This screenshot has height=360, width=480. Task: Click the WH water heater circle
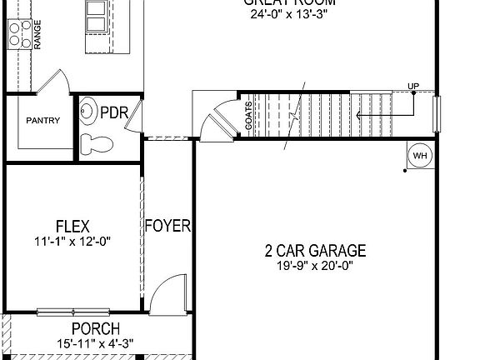pos(418,156)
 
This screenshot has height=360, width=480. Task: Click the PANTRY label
pos(42,120)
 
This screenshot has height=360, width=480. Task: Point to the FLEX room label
pos(72,226)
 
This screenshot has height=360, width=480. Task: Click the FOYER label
pos(168,226)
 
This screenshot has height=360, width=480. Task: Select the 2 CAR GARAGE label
pos(316,250)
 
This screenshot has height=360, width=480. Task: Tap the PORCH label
pos(94,329)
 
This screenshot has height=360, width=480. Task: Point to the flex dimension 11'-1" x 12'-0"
pos(72,241)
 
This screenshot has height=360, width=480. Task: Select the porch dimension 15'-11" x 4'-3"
pos(94,342)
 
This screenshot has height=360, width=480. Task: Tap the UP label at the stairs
pos(413,85)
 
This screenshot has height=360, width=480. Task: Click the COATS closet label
pos(247,117)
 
